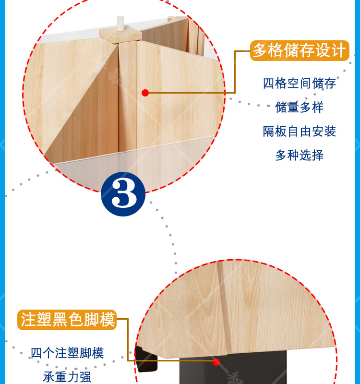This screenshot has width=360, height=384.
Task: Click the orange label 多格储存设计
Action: click(300, 51)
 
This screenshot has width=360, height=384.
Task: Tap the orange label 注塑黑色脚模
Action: click(67, 320)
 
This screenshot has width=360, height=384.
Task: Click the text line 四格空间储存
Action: click(300, 84)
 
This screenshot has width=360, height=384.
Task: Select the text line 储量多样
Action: click(300, 107)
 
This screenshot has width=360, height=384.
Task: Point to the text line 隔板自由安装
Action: click(300, 131)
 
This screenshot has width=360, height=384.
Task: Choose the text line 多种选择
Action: click(300, 155)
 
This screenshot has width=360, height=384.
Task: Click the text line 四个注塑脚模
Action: click(67, 353)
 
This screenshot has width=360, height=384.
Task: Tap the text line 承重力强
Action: click(67, 377)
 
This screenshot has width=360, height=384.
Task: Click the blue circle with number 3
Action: click(123, 194)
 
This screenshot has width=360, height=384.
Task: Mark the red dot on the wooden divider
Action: click(145, 93)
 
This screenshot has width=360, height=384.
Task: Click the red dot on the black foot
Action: click(216, 362)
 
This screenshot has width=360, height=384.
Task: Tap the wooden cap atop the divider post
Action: click(120, 35)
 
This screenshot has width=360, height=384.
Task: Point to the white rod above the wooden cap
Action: click(120, 24)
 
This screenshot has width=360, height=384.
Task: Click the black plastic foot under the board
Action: click(233, 367)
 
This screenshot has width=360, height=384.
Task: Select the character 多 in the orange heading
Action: click(260, 50)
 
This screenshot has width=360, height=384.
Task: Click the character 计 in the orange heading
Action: click(339, 50)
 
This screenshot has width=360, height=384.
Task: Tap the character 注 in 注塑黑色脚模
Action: click(28, 320)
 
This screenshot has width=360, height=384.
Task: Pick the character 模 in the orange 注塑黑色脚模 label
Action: click(107, 320)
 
